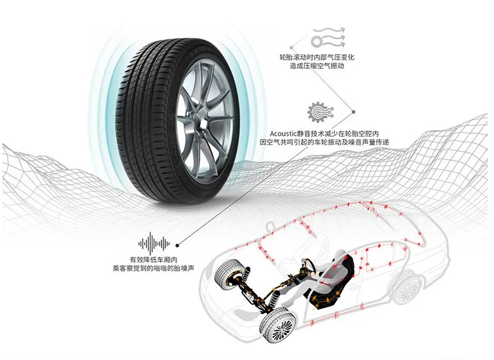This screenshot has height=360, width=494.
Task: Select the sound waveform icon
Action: coord(154,240)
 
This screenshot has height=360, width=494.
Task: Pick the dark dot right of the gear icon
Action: coord(353,112)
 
